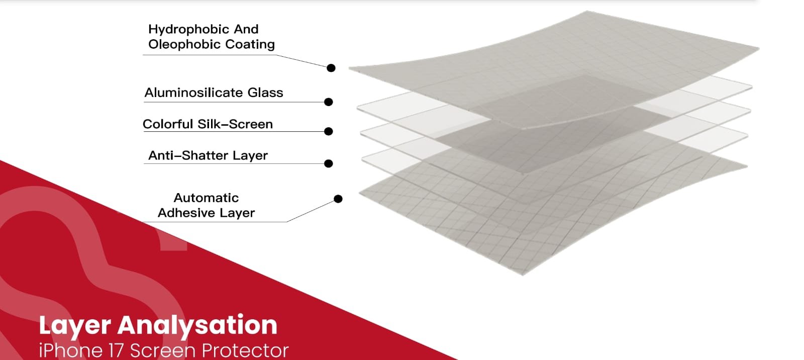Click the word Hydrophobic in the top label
click(189, 30)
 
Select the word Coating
click(250, 45)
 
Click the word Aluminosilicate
click(193, 93)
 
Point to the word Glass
click(265, 93)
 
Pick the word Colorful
click(168, 124)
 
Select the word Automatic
click(207, 198)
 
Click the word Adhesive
click(186, 213)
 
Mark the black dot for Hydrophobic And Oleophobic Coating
click(331, 68)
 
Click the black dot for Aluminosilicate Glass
click(329, 102)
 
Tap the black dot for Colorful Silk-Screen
click(329, 132)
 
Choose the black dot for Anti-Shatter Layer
click(329, 163)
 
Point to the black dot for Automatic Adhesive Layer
click(338, 199)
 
